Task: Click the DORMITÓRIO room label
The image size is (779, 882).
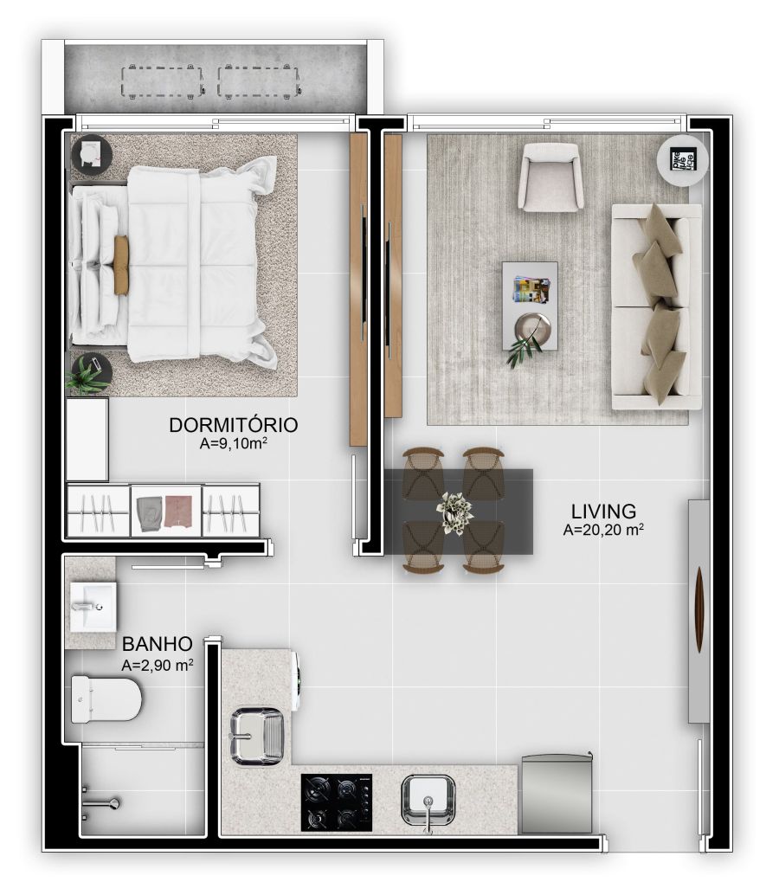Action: [x=234, y=425]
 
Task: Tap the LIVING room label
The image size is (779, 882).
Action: [x=603, y=512]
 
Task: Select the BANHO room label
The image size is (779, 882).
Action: [x=158, y=643]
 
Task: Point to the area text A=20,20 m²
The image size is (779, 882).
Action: [x=603, y=530]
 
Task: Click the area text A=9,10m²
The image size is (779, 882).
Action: [x=234, y=444]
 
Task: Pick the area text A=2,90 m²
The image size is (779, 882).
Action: [x=158, y=666]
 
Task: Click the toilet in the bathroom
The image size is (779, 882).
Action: [x=106, y=699]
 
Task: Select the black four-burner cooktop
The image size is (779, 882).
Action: [x=337, y=802]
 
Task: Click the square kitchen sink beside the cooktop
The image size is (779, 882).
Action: [x=428, y=801]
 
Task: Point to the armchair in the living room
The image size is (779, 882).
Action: [x=549, y=177]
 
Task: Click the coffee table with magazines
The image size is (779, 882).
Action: [x=530, y=306]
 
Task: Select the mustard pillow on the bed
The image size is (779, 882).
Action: [x=121, y=265]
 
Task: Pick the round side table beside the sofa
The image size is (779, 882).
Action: [x=682, y=159]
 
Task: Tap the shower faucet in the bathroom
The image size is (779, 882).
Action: [x=100, y=803]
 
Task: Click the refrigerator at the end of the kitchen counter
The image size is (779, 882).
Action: [x=557, y=794]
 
